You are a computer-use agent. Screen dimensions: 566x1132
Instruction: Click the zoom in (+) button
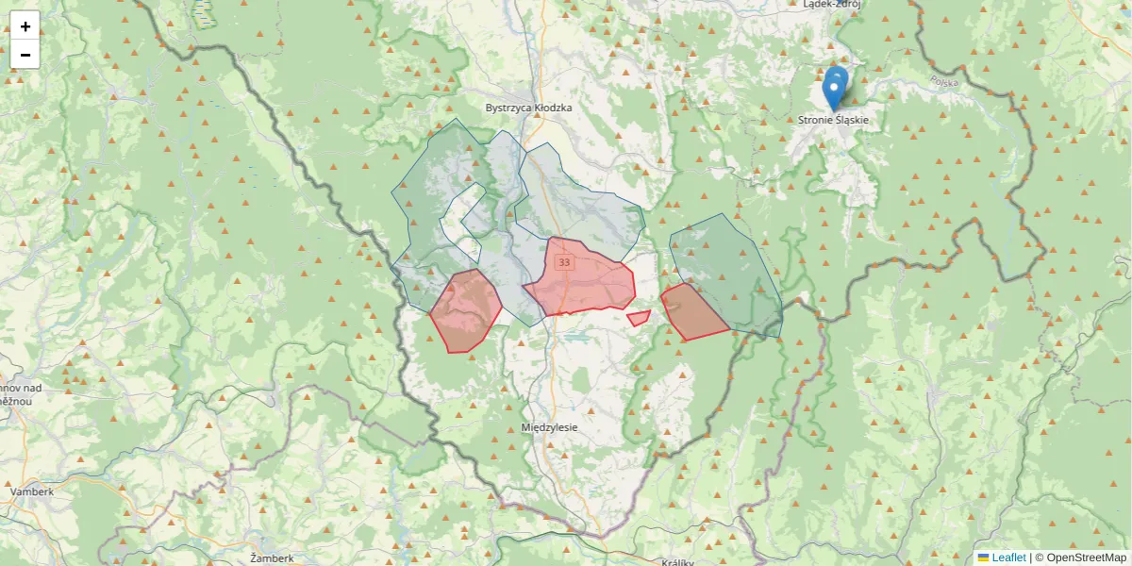point(25,26)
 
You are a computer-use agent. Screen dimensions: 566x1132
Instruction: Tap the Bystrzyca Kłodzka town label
point(528,108)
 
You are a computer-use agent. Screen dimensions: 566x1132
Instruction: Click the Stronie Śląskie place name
point(833,121)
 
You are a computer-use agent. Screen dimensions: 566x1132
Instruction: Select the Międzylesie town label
point(549,427)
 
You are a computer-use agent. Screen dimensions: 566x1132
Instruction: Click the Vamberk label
point(31,491)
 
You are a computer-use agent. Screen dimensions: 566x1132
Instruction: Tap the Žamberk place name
point(273,558)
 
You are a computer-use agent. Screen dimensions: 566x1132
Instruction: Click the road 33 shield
point(564,262)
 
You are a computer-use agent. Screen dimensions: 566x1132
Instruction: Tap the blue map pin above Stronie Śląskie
point(835,88)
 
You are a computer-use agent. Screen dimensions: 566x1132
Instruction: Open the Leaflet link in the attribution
point(1008,558)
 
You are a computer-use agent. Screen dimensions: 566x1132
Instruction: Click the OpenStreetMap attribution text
point(1086,558)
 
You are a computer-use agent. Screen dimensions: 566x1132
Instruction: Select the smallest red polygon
point(639,318)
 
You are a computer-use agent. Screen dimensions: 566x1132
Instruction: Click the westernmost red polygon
point(466,309)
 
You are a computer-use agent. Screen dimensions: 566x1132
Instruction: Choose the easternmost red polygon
point(692,311)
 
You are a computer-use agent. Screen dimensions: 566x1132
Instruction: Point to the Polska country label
point(943,83)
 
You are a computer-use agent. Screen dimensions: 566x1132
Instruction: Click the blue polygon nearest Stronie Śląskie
point(731,264)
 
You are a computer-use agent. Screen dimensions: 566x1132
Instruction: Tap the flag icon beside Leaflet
point(983,558)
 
